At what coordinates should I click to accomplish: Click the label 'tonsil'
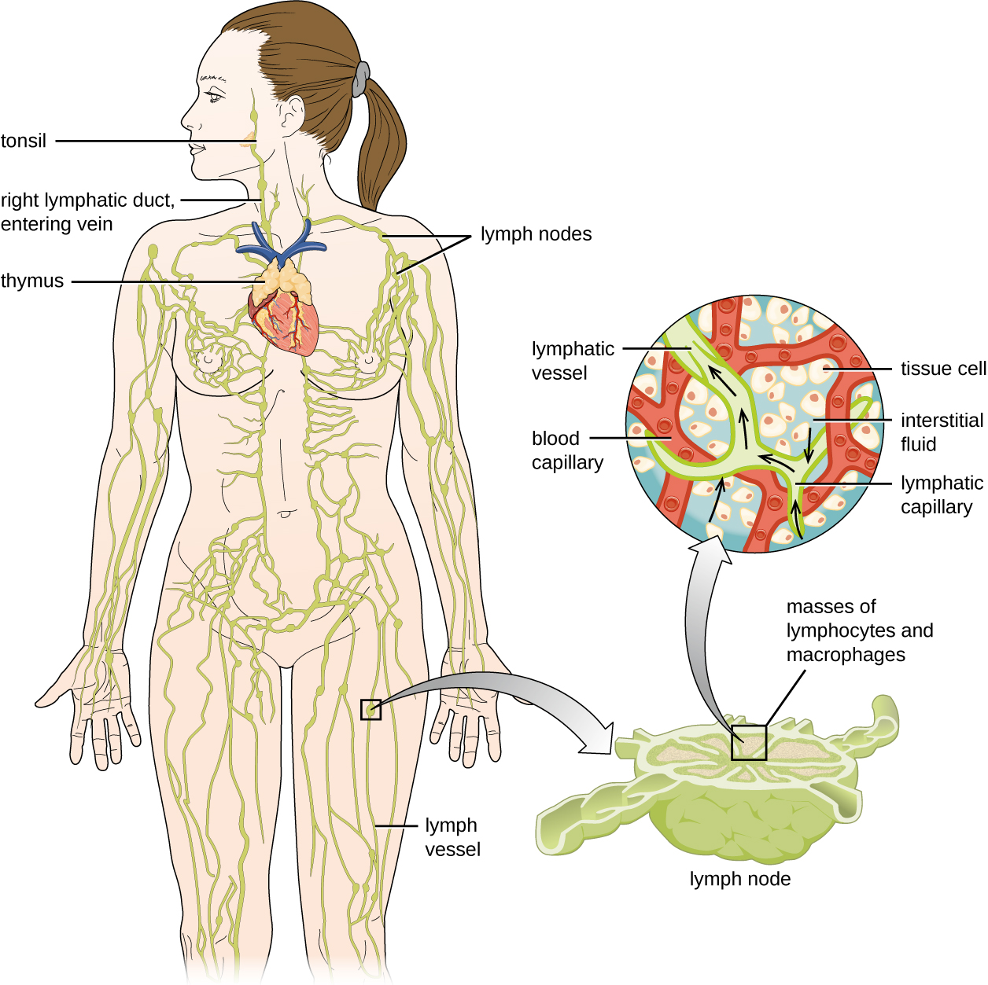coord(24,142)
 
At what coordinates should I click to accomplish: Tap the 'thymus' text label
coord(32,281)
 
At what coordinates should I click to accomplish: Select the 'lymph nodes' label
coord(536,234)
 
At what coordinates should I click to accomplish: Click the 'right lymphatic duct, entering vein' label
coord(87,212)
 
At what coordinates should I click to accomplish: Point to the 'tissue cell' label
coord(942,369)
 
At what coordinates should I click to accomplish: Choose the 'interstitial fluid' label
coord(941,432)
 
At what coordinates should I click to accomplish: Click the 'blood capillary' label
coord(566,450)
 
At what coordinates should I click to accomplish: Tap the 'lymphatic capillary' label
coord(941,494)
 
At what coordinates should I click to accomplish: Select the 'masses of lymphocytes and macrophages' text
coord(858,630)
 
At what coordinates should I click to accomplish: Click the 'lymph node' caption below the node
coord(739,879)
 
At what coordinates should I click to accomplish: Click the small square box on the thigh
coord(370,709)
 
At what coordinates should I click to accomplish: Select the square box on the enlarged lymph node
coord(748,742)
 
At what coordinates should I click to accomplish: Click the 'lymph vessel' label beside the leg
coord(452,837)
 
